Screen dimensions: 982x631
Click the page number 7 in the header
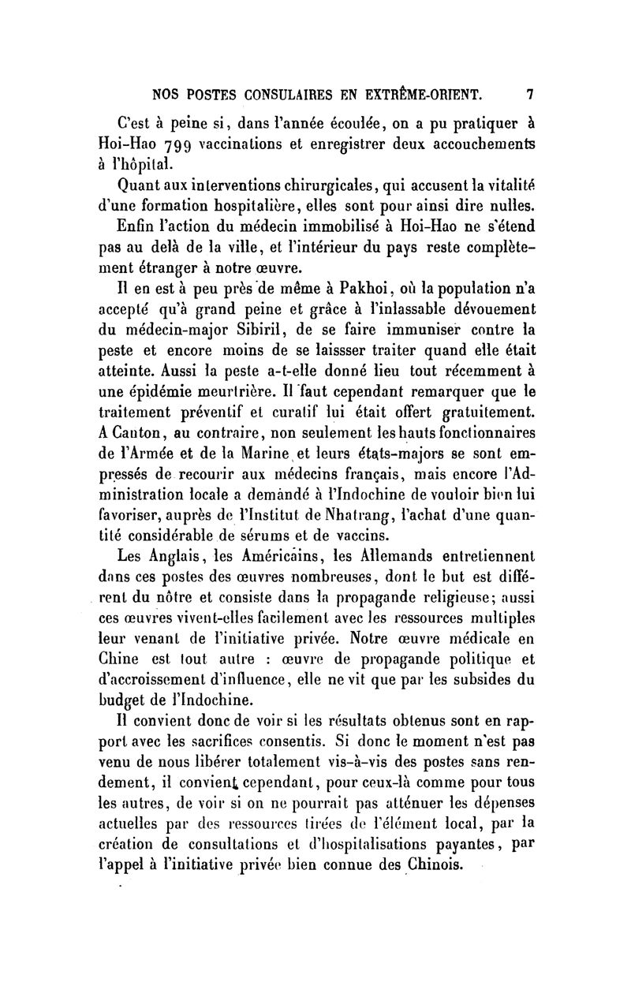530,95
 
